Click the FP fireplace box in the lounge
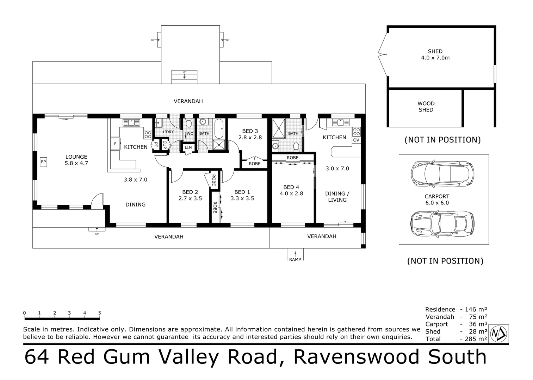click(x=44, y=162)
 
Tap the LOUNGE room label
click(x=76, y=157)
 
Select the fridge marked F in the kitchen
click(x=115, y=144)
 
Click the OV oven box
click(x=356, y=140)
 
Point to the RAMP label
click(x=295, y=260)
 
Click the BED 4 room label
click(x=291, y=187)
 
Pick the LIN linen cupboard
click(x=188, y=147)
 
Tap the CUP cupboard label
click(x=165, y=145)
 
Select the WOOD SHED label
click(x=426, y=107)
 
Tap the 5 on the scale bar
click(x=100, y=313)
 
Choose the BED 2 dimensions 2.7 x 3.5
click(x=190, y=198)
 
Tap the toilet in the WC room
click(x=188, y=123)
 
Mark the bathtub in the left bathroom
click(x=219, y=128)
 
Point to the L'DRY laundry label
click(x=168, y=132)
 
